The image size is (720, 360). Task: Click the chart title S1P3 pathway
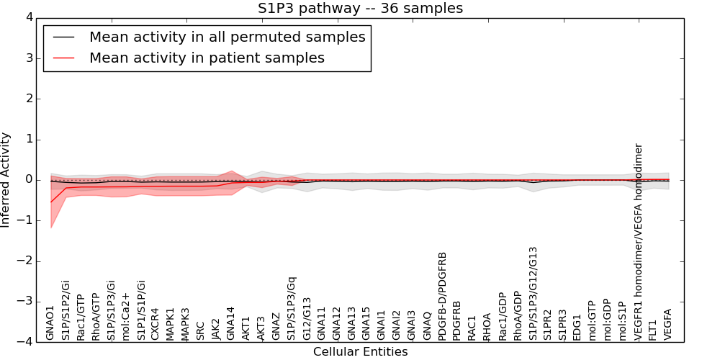(x=360, y=9)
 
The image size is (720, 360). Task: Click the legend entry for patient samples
(x=207, y=58)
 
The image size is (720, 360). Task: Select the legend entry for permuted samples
(x=227, y=37)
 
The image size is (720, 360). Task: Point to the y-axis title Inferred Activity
(x=6, y=180)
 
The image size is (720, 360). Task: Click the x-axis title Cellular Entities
(x=360, y=352)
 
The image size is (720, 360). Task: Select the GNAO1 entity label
(x=50, y=323)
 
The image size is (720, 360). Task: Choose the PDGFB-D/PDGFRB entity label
(x=443, y=295)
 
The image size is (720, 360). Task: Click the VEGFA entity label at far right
(x=668, y=324)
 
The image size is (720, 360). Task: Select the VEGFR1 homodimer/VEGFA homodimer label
(x=639, y=241)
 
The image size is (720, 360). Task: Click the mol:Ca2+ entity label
(x=126, y=316)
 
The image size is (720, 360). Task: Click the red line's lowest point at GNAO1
(x=51, y=202)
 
